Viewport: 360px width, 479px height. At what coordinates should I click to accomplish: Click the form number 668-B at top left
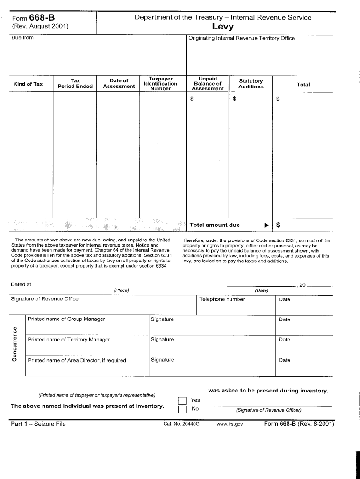pyautogui.click(x=42, y=18)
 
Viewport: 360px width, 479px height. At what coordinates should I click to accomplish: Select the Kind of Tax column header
pyautogui.click(x=28, y=84)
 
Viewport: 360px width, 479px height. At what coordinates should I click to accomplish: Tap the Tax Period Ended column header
pyautogui.click(x=75, y=84)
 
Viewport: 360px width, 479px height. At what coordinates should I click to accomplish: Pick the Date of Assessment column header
pyautogui.click(x=119, y=83)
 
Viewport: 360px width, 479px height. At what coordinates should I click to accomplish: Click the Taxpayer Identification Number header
pyautogui.click(x=160, y=84)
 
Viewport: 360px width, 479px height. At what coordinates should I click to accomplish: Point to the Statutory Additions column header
pyautogui.click(x=251, y=84)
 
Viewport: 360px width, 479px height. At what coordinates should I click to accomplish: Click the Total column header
pyautogui.click(x=303, y=85)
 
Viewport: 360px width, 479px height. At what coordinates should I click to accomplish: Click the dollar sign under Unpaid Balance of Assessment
pyautogui.click(x=192, y=99)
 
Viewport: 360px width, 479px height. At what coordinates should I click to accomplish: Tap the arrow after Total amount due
pyautogui.click(x=266, y=225)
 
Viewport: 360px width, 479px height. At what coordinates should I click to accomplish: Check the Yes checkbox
pyautogui.click(x=182, y=400)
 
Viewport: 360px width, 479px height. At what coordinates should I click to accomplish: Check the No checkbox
pyautogui.click(x=182, y=410)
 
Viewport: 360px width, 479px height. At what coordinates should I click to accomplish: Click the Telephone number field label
pyautogui.click(x=222, y=299)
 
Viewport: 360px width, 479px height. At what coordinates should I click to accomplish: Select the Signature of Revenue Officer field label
pyautogui.click(x=45, y=299)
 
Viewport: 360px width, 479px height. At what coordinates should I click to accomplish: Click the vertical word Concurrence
pyautogui.click(x=15, y=343)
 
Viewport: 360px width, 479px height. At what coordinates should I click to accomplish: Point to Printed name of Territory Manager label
pyautogui.click(x=69, y=340)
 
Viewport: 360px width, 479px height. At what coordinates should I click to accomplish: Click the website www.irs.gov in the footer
pyautogui.click(x=230, y=424)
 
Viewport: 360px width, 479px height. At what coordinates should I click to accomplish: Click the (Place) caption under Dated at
pyautogui.click(x=121, y=290)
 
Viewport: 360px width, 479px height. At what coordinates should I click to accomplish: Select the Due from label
pyautogui.click(x=22, y=38)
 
